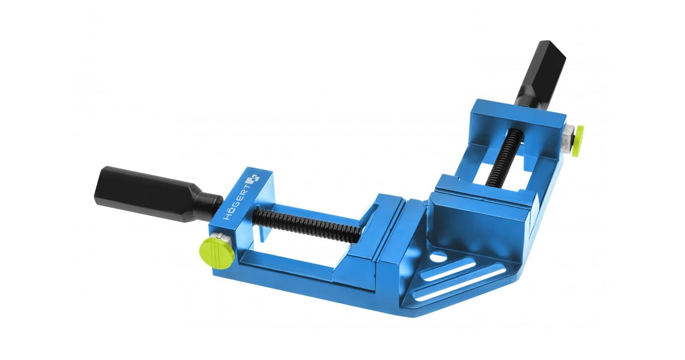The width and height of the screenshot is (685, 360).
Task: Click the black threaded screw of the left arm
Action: pos(308,223)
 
